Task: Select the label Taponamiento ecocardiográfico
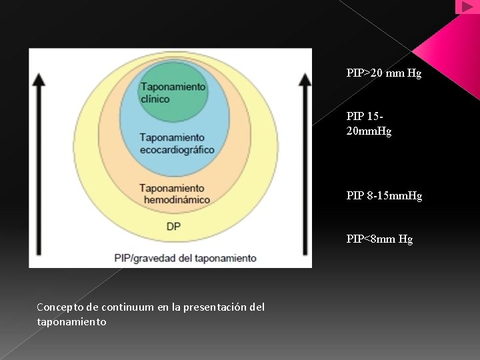177,143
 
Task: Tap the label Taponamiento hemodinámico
174,194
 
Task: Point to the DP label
173,227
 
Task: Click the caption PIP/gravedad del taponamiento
185,257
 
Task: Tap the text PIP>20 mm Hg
383,73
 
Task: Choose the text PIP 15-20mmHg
369,125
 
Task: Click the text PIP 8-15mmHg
384,196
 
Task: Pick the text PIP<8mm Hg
379,239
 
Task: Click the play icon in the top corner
467,7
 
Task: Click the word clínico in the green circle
155,99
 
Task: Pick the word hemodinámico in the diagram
174,199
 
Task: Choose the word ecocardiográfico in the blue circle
177,149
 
